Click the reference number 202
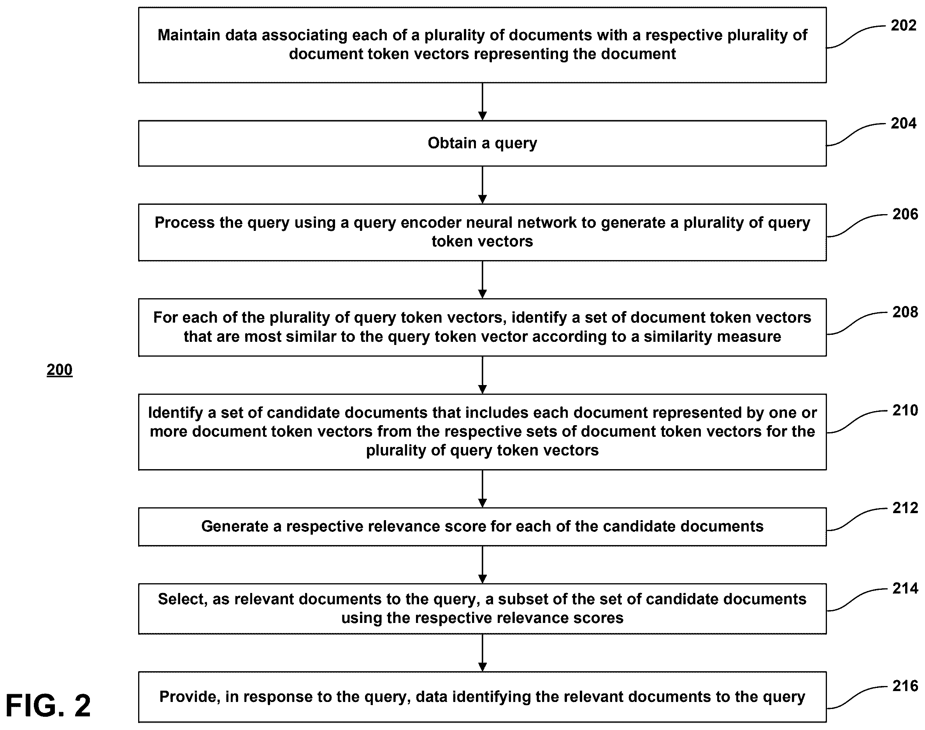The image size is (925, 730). coord(903,26)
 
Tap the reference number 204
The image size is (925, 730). coord(903,123)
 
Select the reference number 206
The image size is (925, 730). coord(905,214)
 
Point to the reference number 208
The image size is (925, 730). coord(905,312)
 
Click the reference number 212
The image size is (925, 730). coord(905,508)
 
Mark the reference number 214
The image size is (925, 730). coord(905,589)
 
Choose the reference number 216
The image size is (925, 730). coord(905,686)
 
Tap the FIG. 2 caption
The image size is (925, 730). coord(48,705)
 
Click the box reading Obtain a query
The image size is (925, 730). coord(483,144)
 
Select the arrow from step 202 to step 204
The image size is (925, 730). coord(483,102)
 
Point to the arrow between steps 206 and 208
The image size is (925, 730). coord(483,280)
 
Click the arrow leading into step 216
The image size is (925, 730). coord(483,653)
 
